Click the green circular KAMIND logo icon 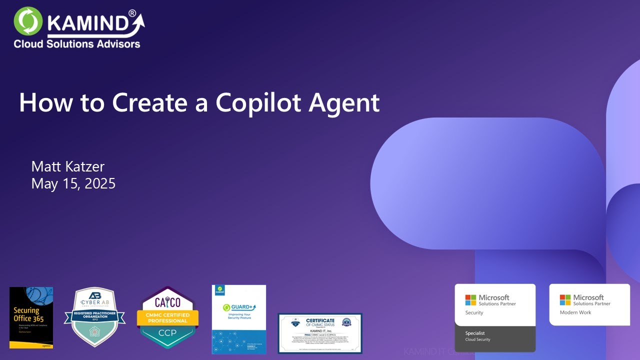[28, 21]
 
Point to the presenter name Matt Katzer [67, 166]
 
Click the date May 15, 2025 [73, 183]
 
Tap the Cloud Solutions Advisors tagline [77, 44]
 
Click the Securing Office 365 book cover [31, 317]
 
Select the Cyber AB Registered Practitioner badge [94, 317]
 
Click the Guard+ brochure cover [239, 319]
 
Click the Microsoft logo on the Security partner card [470, 300]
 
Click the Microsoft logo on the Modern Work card [565, 300]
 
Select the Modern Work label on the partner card [575, 312]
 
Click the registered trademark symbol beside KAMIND [132, 13]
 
